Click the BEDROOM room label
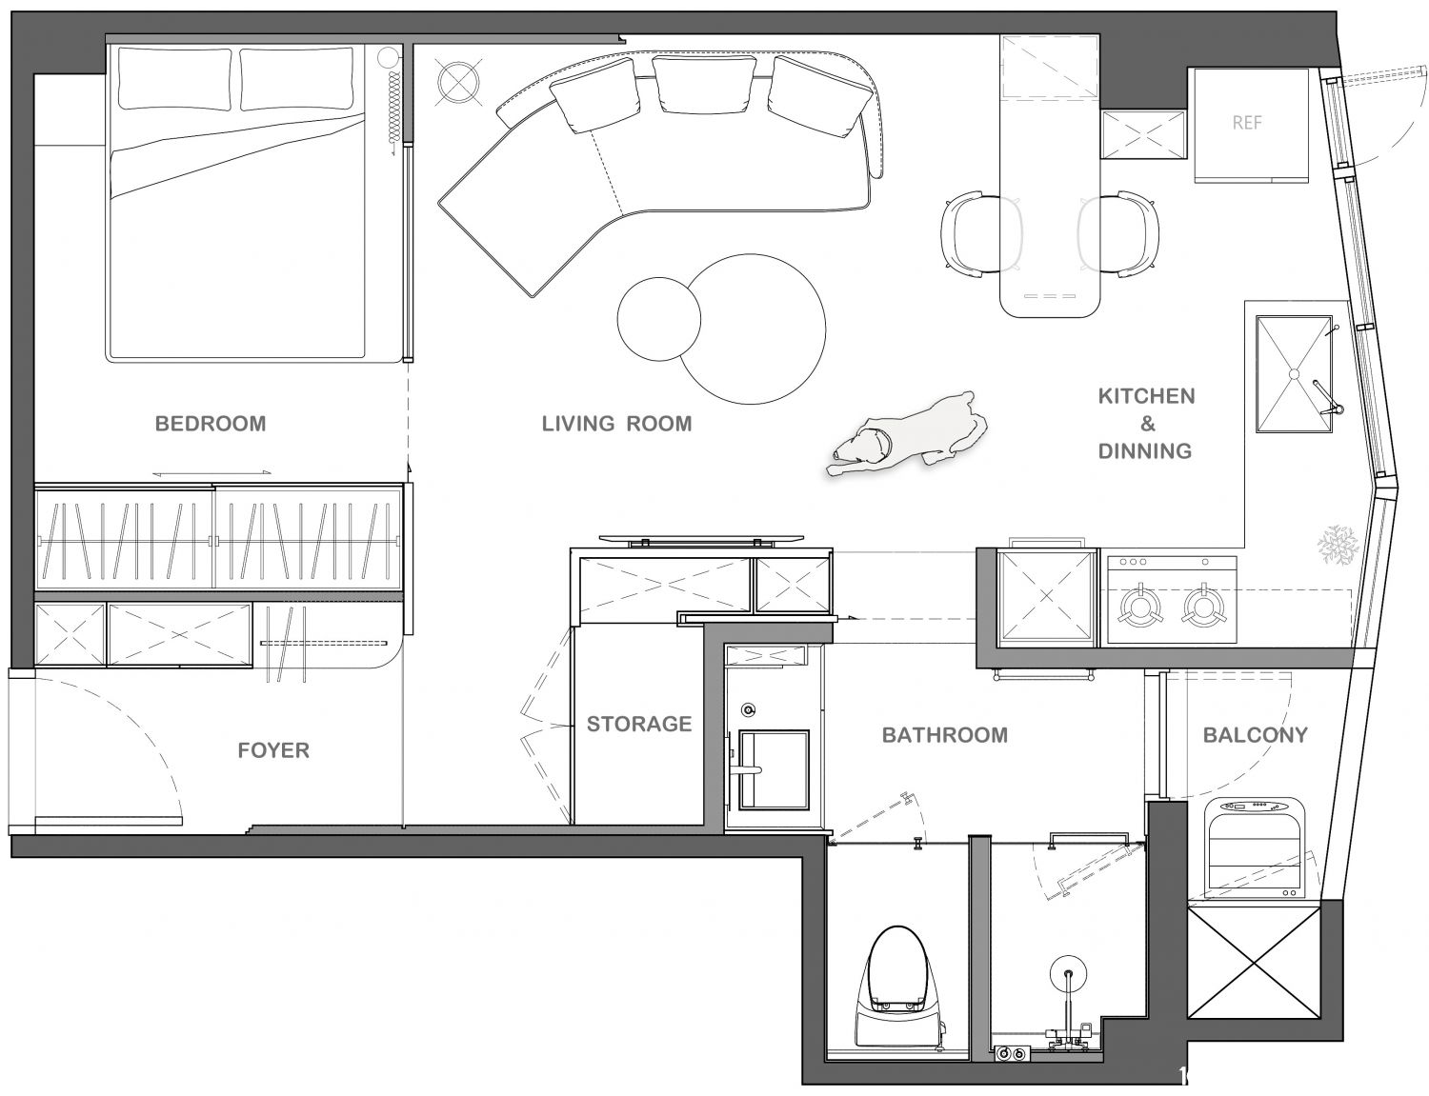click(211, 424)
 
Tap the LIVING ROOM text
click(616, 424)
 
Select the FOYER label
click(273, 750)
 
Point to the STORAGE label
click(639, 724)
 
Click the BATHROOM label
click(945, 734)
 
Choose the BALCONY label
click(1256, 734)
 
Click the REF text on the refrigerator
click(1247, 123)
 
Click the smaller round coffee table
click(658, 319)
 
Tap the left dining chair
click(980, 233)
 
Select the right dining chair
click(1118, 233)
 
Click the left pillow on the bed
click(175, 79)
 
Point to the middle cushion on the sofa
click(704, 86)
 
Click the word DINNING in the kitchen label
click(1145, 451)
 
